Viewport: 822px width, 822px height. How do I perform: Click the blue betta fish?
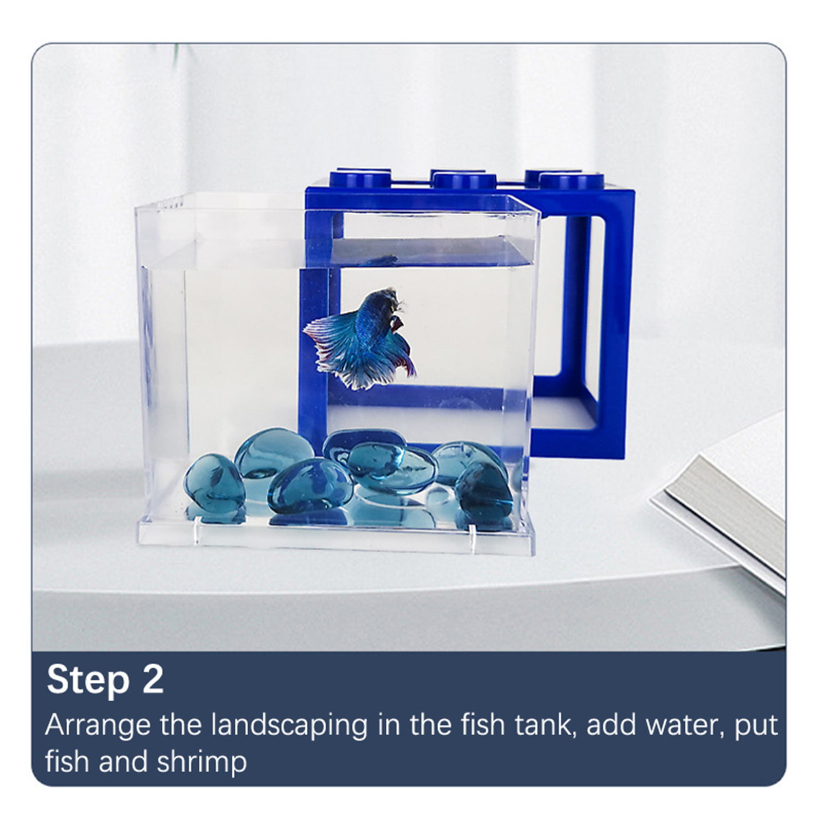(x=362, y=337)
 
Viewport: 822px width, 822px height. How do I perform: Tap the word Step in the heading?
(x=88, y=681)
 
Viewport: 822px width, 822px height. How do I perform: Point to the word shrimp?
(x=202, y=763)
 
